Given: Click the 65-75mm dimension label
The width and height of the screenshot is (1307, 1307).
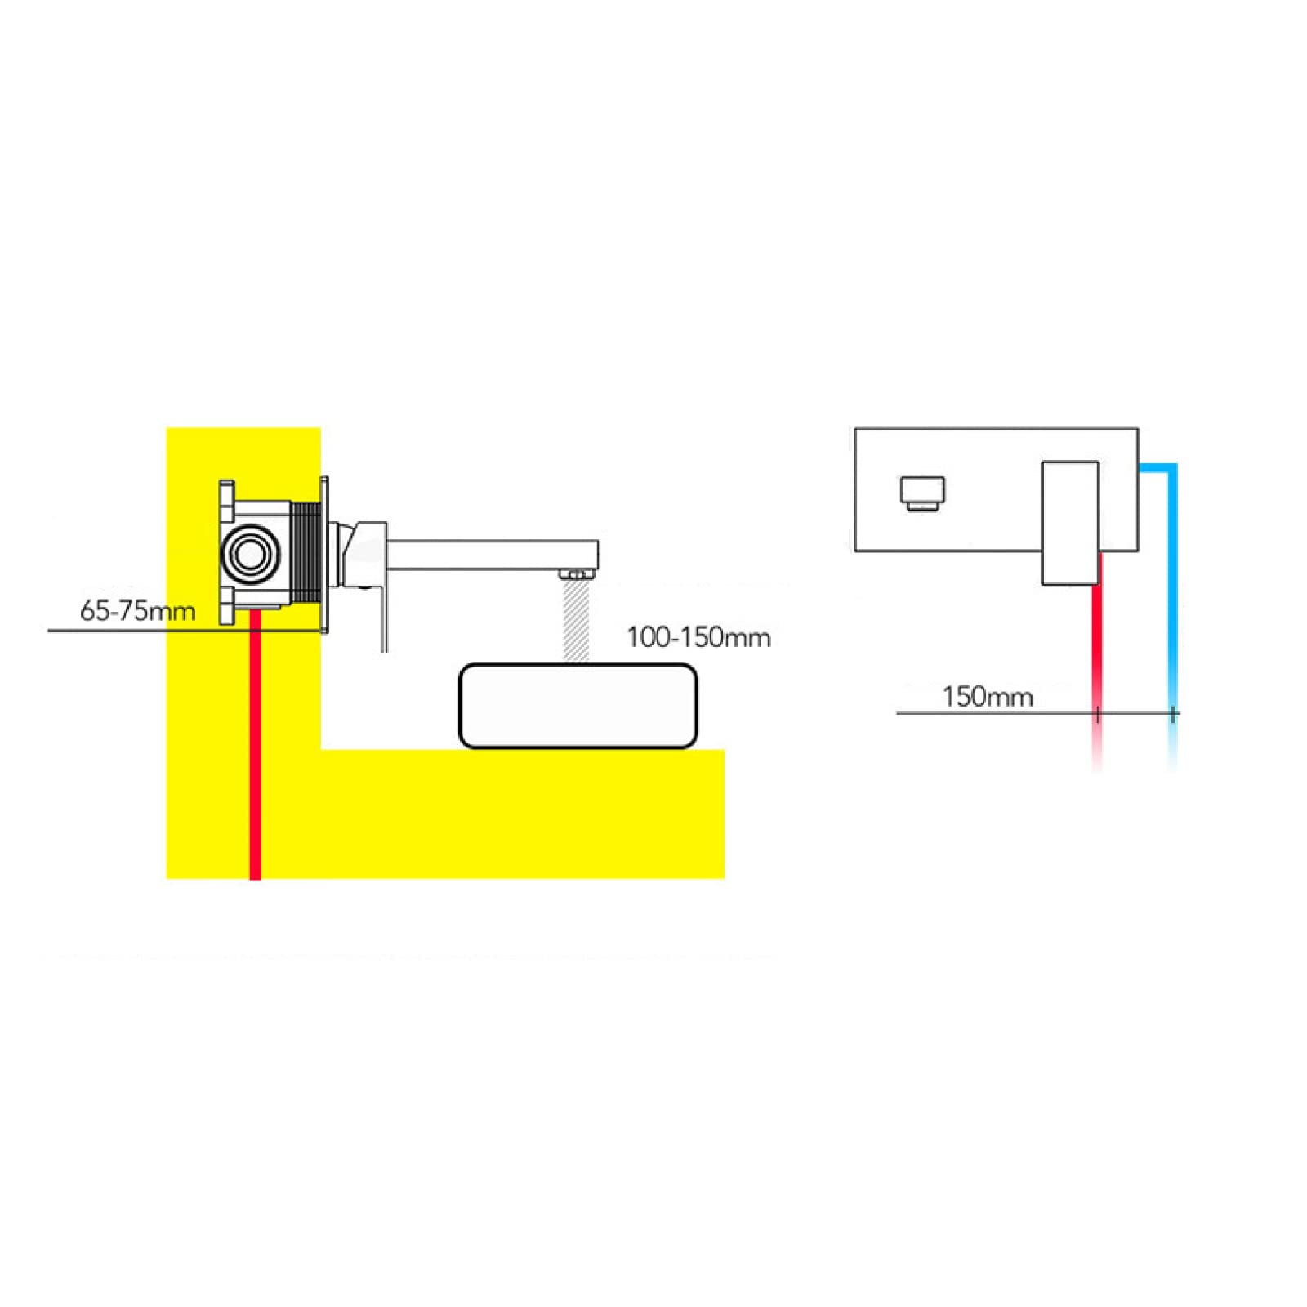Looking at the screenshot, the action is tap(137, 610).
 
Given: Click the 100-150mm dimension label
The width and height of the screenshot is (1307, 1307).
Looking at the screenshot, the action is tap(698, 636).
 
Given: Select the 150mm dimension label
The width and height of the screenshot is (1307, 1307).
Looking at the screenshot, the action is tap(987, 696).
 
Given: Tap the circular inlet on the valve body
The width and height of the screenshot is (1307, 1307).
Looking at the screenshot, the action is tap(249, 554).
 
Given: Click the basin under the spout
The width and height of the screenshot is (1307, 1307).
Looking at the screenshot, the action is tap(578, 705).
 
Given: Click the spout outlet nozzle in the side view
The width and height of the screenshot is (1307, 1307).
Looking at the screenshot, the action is tap(576, 574).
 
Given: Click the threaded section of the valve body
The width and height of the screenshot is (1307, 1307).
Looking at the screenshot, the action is tap(306, 554).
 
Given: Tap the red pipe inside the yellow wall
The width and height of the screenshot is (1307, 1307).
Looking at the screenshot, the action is tap(256, 743).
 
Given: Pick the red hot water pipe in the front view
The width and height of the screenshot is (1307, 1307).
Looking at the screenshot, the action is tap(1097, 662).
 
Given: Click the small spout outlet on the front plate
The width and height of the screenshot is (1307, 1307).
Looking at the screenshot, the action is tap(923, 493).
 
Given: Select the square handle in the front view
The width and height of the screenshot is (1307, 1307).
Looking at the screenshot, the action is tap(1070, 523).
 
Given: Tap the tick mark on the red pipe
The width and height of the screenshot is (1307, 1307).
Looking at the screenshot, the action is tap(1098, 714).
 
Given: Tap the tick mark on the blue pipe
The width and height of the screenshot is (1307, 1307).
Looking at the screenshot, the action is tap(1173, 714).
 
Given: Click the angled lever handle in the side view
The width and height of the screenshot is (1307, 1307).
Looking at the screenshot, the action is tap(364, 572).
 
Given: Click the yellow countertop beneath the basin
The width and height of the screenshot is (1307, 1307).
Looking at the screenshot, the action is tap(523, 814).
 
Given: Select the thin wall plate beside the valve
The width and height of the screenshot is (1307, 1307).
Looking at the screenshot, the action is tap(324, 555).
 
